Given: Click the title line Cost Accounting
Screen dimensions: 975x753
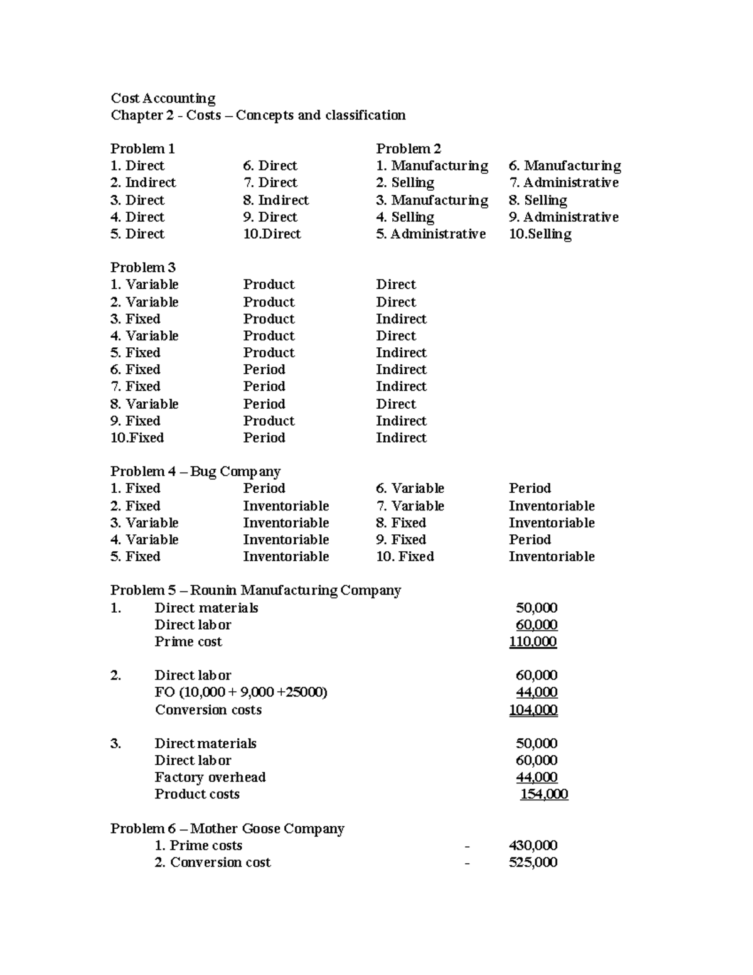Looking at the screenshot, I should (163, 99).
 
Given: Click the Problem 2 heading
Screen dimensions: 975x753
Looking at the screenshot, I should (409, 149).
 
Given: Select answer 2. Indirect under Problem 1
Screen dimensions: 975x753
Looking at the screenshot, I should (143, 183).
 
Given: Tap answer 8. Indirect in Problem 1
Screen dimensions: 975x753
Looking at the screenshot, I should (276, 200).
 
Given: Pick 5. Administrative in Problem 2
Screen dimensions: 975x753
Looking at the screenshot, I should (430, 234).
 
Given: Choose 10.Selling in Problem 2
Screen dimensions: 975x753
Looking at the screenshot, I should (540, 234).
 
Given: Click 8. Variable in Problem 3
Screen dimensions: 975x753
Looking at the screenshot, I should (144, 404).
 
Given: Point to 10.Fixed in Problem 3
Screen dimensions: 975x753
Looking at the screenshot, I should (137, 438).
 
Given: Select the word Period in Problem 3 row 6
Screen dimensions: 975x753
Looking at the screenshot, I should (264, 370).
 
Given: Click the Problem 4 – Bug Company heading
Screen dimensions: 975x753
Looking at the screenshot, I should (195, 471).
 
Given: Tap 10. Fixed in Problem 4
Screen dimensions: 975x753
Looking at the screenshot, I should (405, 557).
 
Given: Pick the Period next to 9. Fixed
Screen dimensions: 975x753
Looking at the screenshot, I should (530, 540).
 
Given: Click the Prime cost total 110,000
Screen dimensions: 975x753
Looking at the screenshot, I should (533, 642).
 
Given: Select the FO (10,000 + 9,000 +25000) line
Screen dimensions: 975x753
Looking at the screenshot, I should (241, 692).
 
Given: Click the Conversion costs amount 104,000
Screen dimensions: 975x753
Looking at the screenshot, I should (533, 710).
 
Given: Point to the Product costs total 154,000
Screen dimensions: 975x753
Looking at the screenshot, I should (544, 794).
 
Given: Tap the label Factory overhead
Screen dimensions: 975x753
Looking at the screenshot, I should (210, 777).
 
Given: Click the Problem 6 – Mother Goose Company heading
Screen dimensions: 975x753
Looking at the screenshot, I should (227, 829).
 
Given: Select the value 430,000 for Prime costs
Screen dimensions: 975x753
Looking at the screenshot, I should (533, 846).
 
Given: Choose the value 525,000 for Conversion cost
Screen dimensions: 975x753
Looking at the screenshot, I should (533, 863).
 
